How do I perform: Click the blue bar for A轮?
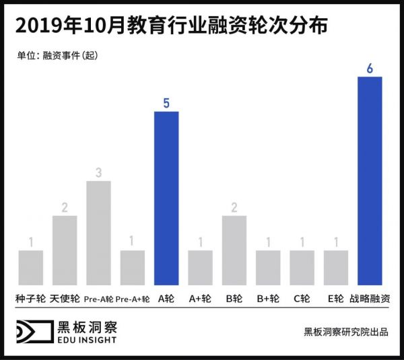(x=166, y=199)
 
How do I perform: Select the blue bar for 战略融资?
(x=370, y=181)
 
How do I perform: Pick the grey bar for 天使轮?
(x=65, y=250)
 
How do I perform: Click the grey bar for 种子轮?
(x=30, y=268)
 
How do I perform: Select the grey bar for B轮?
(x=234, y=250)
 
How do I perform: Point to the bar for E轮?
(x=336, y=268)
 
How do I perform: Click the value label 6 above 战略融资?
(x=370, y=68)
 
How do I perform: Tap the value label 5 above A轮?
(x=166, y=103)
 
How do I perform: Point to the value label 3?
(x=98, y=173)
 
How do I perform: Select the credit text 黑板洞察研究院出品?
(x=345, y=332)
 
